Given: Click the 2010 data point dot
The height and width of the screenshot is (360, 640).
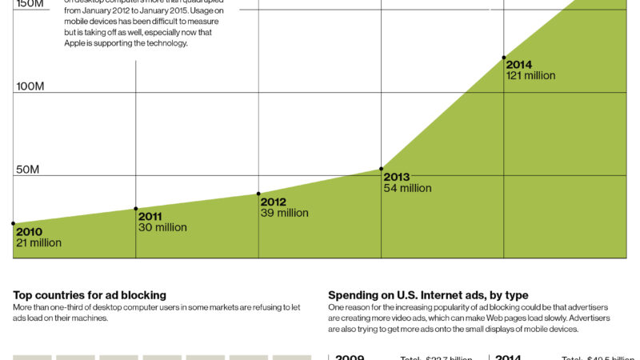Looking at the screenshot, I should click(13, 224).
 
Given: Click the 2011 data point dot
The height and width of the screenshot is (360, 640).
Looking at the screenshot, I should click(136, 209).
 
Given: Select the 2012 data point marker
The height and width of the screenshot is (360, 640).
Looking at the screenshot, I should click(258, 194).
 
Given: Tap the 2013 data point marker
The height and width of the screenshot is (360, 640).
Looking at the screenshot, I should click(382, 169).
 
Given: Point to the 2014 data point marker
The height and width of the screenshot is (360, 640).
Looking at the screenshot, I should click(504, 58).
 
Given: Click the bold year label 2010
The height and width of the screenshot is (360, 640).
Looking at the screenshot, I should click(29, 232).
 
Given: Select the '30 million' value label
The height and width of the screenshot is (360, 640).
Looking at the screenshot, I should click(162, 227).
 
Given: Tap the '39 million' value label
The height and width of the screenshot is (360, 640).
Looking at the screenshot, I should click(284, 213).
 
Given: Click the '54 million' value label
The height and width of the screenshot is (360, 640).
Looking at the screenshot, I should click(407, 188).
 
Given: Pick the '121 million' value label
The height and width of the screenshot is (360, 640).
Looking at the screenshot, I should click(530, 76).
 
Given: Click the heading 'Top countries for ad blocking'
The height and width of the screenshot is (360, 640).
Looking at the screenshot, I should click(90, 295).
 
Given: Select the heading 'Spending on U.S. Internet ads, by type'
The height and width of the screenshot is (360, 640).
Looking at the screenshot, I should click(428, 295).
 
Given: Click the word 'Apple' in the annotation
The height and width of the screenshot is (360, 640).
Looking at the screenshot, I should click(78, 44).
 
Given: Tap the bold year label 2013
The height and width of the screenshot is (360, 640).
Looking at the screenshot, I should click(397, 178).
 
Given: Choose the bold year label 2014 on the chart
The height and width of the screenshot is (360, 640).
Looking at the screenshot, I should click(519, 66).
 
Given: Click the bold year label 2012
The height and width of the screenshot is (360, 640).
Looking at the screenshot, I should click(274, 202).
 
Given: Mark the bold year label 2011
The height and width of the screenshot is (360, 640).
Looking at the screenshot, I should click(150, 217).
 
